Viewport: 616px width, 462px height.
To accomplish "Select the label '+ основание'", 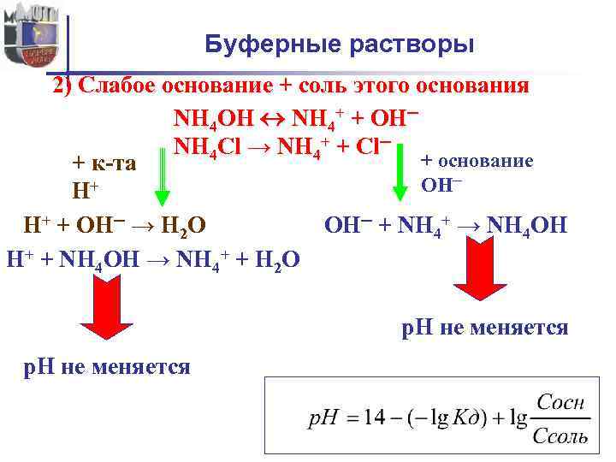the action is coord(477,161).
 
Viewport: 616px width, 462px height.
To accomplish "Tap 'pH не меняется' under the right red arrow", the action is coord(485,328).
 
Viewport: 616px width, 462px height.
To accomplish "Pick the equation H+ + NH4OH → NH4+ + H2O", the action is coord(153,258).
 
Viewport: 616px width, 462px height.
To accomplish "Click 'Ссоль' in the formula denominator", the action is coord(560,437).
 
